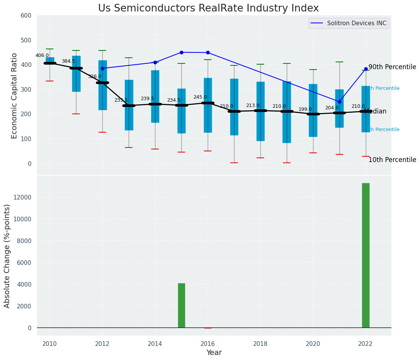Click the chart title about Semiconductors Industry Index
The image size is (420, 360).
208,8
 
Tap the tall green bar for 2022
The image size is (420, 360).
366,255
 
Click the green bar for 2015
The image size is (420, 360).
181,305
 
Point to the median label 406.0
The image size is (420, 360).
42,55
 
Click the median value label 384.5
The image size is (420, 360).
68,61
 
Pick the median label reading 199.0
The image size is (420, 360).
305,109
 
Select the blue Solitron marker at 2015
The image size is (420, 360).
181,52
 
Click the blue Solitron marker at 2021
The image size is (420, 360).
339,102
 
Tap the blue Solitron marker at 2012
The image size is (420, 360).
102,68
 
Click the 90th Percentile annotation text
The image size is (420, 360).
392,67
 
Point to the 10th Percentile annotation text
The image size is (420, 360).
392,160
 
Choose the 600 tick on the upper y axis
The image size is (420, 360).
28,16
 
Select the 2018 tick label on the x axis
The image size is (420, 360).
261,344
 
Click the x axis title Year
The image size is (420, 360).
214,353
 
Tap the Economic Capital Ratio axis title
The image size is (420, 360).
15,96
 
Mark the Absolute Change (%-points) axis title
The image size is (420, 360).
7,256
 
